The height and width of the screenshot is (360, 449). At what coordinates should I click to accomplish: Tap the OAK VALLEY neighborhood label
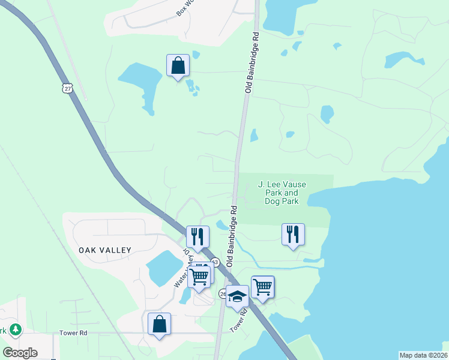pyautogui.click(x=104, y=249)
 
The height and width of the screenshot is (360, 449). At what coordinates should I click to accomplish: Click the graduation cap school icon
pyautogui.click(x=238, y=296)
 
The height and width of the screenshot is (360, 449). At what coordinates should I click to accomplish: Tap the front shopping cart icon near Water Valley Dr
pyautogui.click(x=199, y=277)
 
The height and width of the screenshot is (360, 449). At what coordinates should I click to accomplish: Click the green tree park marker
pyautogui.click(x=15, y=329)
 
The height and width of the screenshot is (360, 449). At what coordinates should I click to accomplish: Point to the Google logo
pyautogui.click(x=20, y=352)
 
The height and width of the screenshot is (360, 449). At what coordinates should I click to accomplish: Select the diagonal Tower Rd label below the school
pyautogui.click(x=240, y=320)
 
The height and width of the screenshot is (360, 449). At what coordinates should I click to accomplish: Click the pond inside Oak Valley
pyautogui.click(x=163, y=268)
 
